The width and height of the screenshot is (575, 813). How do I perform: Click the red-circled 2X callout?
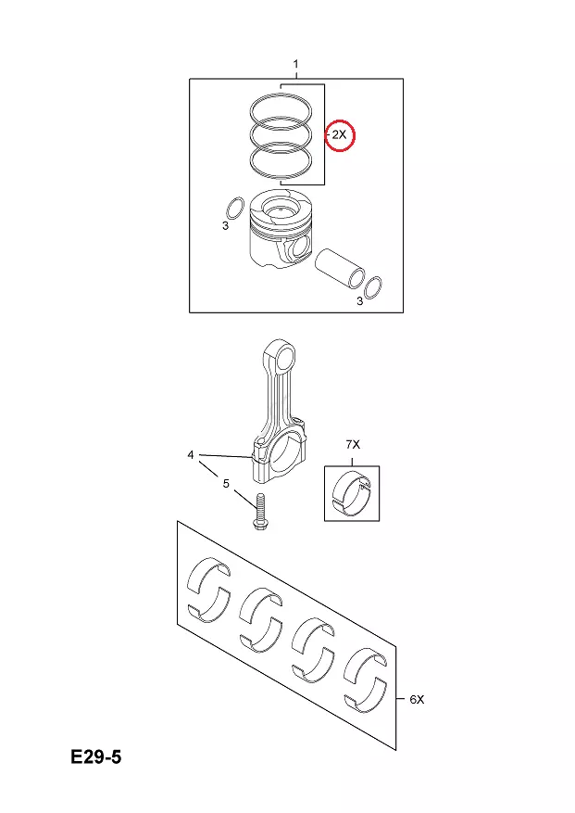[339, 134]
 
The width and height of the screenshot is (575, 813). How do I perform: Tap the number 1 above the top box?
[295, 64]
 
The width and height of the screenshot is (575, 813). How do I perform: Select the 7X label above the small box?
[353, 444]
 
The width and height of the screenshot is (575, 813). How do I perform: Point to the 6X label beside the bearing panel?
[417, 700]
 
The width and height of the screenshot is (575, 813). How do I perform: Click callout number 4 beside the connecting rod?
[191, 455]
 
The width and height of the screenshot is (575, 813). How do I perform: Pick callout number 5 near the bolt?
[226, 483]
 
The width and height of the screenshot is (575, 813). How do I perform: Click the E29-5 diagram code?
[96, 757]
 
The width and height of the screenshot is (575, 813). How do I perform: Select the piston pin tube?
[341, 268]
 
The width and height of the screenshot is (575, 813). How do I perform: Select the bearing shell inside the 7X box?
[352, 494]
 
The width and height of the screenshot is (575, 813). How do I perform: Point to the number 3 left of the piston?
[225, 226]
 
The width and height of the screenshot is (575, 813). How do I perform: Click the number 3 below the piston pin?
[359, 301]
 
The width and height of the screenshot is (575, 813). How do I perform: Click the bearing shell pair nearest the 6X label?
[367, 679]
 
